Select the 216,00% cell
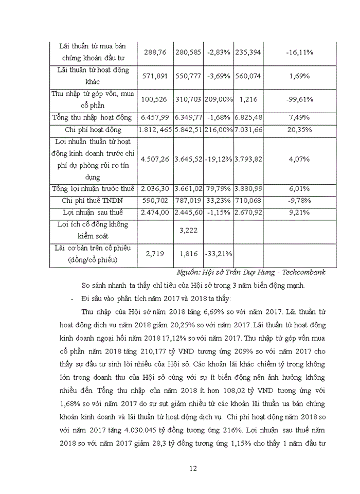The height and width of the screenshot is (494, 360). point(219,130)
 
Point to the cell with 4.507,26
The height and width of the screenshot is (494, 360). point(155,159)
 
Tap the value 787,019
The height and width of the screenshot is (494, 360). point(189,199)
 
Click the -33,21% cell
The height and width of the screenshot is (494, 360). point(219,253)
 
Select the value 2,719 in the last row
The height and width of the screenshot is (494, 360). point(155,253)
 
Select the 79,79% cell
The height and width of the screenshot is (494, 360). point(219,188)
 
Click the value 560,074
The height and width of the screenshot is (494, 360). point(248,76)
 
